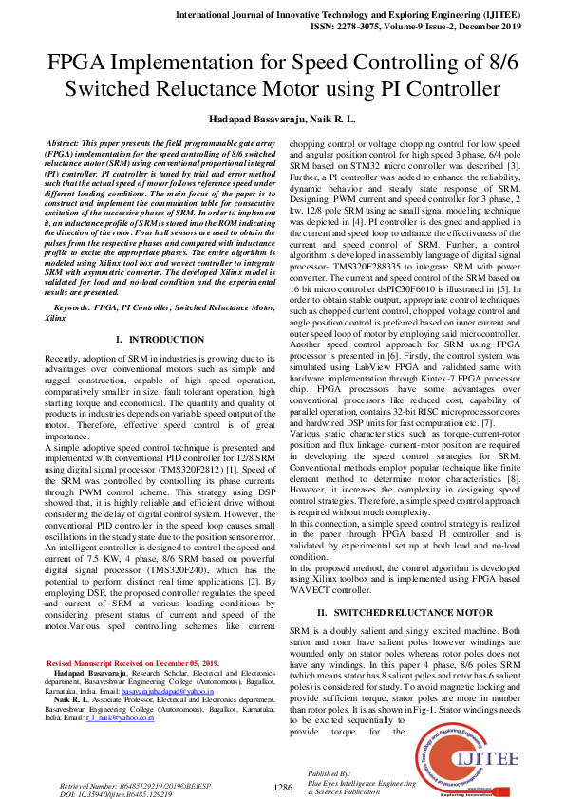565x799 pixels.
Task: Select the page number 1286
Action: pos(282,787)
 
